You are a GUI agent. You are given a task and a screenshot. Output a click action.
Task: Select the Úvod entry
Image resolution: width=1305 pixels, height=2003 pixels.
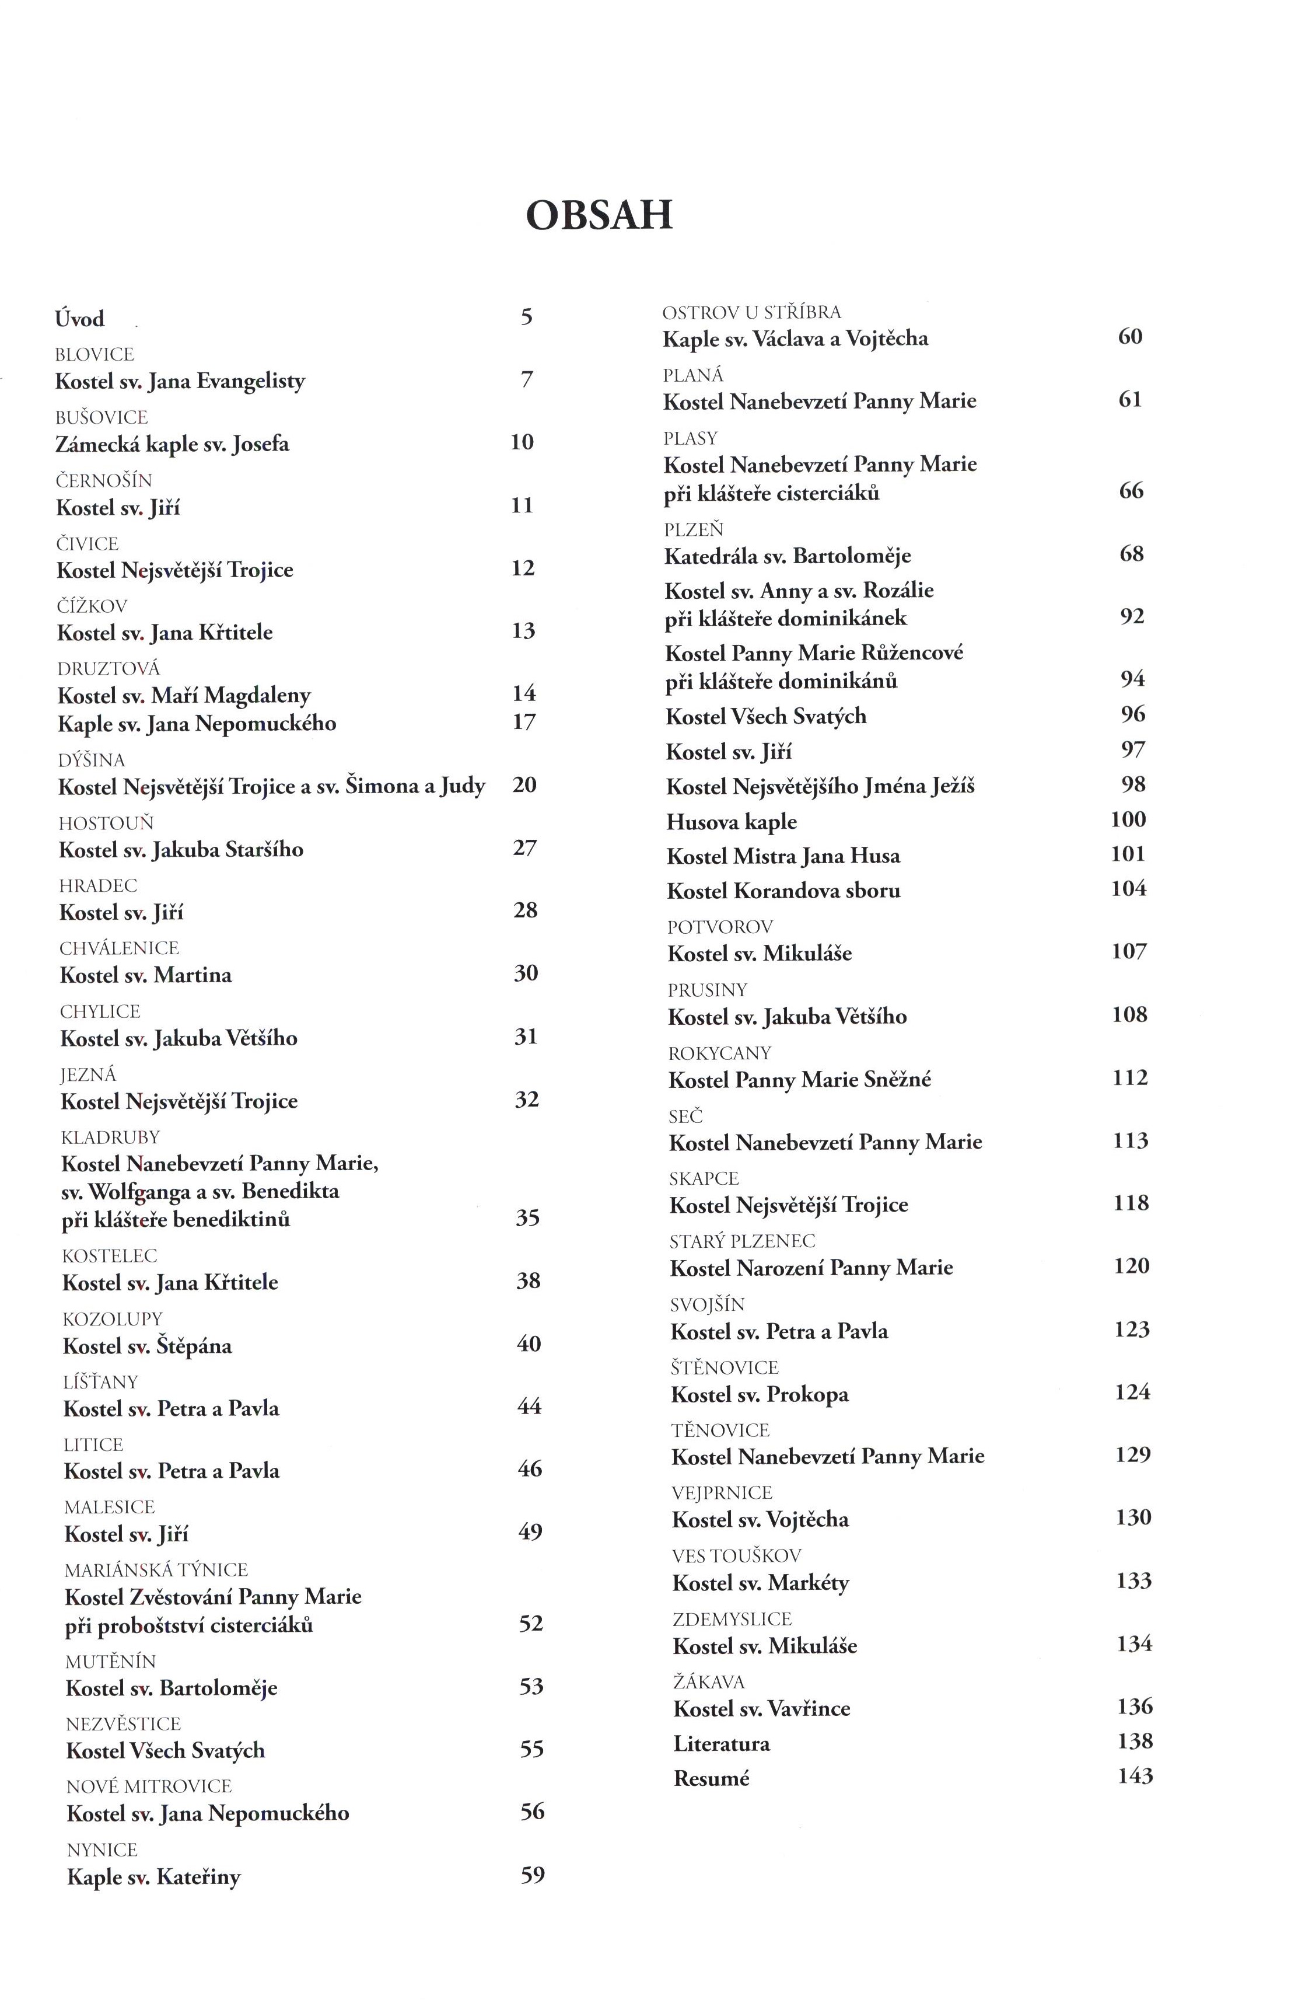click(x=80, y=319)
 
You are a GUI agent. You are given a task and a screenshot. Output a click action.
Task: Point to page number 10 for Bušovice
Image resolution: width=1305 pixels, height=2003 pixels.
click(x=522, y=442)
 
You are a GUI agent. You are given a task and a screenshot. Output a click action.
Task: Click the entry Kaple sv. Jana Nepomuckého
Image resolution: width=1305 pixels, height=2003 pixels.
click(x=197, y=724)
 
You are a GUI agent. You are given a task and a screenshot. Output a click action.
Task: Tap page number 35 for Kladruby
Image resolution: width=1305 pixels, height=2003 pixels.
click(x=527, y=1218)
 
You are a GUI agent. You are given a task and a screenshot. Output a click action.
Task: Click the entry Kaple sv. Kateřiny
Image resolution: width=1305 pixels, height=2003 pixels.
click(x=153, y=1877)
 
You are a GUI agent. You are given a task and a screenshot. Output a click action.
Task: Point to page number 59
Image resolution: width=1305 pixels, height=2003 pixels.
click(x=533, y=1875)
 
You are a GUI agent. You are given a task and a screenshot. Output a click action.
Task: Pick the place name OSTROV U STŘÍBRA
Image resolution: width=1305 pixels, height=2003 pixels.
click(x=751, y=312)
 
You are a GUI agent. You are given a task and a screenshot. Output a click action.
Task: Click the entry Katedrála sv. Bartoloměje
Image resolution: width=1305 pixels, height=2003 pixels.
click(x=788, y=556)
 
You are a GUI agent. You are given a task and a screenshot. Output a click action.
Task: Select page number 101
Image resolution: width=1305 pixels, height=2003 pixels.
click(x=1128, y=854)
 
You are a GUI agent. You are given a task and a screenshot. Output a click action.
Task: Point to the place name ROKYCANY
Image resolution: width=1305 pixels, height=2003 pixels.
click(x=719, y=1053)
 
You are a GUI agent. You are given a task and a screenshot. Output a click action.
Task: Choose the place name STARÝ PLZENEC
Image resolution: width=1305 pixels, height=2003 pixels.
click(x=742, y=1241)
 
